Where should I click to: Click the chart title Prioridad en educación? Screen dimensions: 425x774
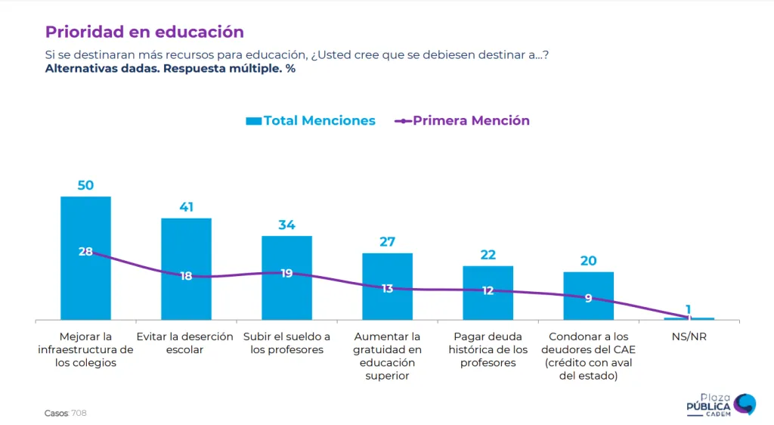[144, 32]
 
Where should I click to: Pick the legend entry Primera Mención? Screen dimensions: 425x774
[463, 121]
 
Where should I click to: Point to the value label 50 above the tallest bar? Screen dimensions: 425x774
[85, 185]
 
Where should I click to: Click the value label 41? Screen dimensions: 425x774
[186, 206]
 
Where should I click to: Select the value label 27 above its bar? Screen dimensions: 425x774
[387, 242]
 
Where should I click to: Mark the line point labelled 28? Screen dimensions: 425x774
[85, 252]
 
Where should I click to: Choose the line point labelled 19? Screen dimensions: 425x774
[286, 273]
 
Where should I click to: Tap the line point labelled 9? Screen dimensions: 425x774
[588, 298]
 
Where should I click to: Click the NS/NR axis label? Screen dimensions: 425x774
[688, 337]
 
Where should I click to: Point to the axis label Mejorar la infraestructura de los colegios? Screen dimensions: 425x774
[85, 349]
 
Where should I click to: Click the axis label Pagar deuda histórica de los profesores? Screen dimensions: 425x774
[488, 349]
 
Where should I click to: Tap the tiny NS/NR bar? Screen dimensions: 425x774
[689, 319]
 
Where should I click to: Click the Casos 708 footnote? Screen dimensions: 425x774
[66, 413]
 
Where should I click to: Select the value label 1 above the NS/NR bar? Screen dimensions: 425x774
[689, 309]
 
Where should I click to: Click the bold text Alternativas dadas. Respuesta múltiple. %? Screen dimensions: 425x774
[170, 69]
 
